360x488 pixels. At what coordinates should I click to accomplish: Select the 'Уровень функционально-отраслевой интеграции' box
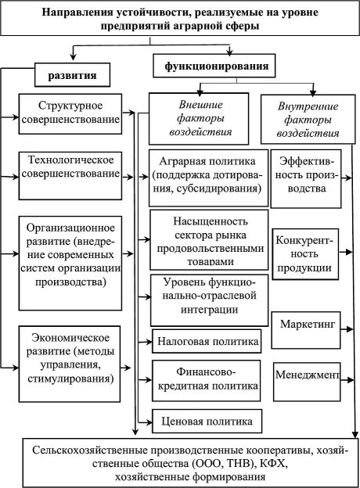point(205,299)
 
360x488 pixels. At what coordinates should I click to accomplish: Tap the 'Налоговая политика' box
point(205,341)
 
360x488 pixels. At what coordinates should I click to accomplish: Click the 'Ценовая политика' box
point(205,422)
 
